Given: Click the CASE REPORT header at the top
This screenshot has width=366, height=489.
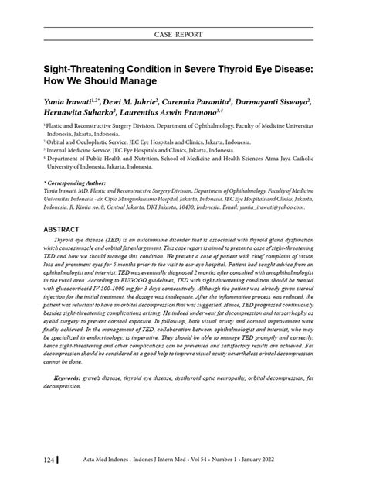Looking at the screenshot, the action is [183, 36].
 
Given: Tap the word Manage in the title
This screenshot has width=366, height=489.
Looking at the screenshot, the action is [135, 80].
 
